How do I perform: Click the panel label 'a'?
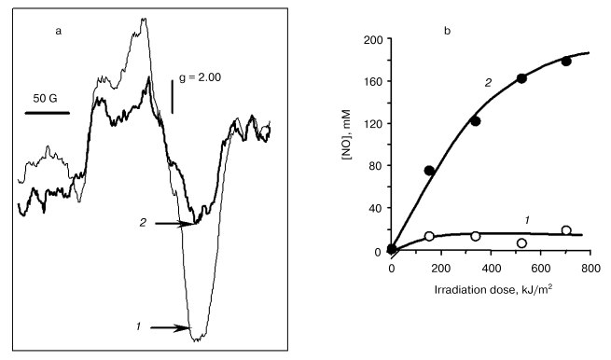tap(60, 32)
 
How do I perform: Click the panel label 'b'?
tap(447, 32)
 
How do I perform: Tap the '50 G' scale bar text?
tap(48, 97)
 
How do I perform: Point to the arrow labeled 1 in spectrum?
tap(167, 327)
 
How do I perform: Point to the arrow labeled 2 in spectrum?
tap(174, 224)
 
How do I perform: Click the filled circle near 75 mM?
tap(429, 171)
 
